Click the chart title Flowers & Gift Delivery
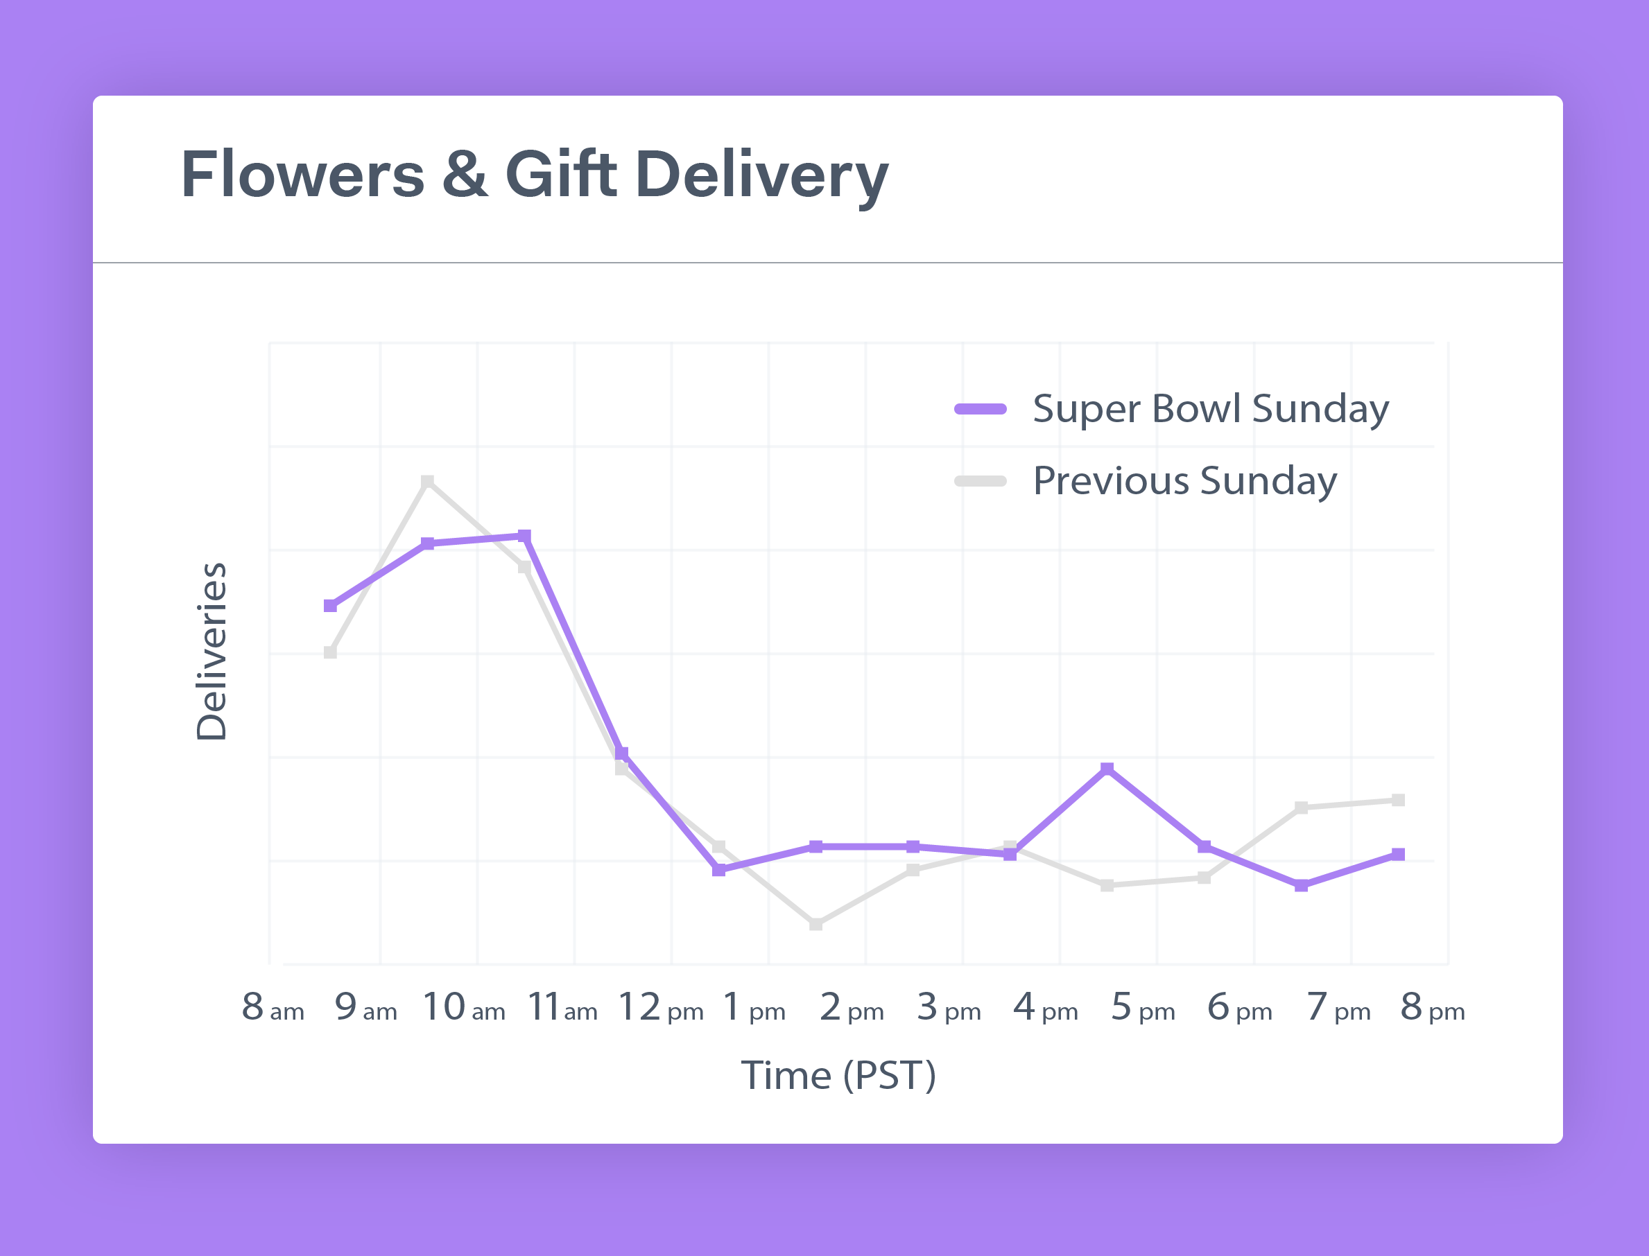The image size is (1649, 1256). tap(534, 174)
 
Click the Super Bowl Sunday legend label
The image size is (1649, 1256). tap(1210, 409)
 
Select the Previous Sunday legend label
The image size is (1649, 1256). tap(1184, 481)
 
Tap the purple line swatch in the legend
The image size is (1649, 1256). tap(981, 409)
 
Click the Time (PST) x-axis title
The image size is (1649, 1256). tap(838, 1076)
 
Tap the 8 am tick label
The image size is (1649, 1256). tap(273, 1007)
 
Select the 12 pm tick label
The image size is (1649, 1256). tap(660, 1007)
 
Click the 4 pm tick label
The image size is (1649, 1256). tap(1046, 1007)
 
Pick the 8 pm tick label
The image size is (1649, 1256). tap(1432, 1007)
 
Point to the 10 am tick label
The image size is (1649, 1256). tap(464, 1007)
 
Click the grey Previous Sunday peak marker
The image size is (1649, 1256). tap(427, 481)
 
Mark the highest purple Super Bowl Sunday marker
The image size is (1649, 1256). tap(524, 536)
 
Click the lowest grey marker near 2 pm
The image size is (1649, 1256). tap(816, 924)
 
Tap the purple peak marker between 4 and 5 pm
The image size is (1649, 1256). tap(1107, 769)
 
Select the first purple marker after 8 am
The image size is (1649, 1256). tap(331, 606)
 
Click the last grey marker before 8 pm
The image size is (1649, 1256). tap(1398, 800)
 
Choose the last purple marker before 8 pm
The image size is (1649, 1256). tap(1398, 854)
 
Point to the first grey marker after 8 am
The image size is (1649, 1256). tap(331, 652)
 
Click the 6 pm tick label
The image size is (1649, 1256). tap(1239, 1007)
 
